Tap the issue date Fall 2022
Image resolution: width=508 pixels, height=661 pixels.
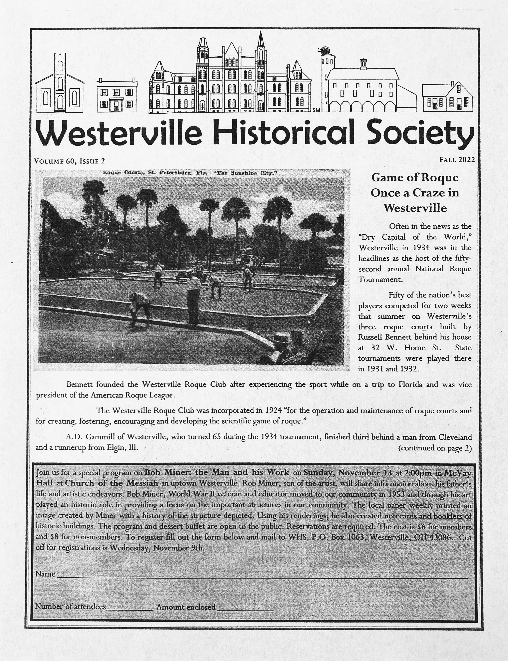457,160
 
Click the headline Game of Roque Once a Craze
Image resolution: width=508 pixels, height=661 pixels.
415,192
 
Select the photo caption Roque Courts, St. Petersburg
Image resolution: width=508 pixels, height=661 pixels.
190,173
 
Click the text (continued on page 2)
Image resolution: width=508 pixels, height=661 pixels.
435,448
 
